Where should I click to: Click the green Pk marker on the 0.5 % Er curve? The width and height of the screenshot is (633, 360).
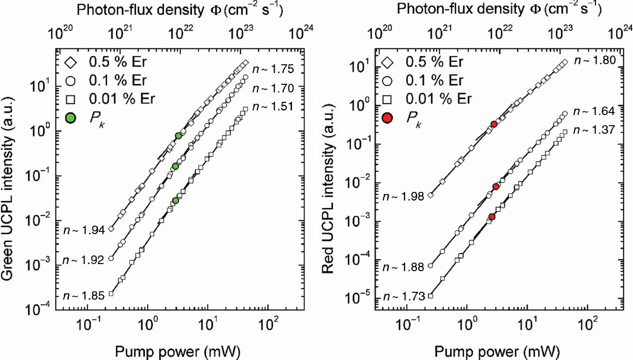coord(179,136)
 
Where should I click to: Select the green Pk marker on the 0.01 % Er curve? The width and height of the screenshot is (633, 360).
coord(176,201)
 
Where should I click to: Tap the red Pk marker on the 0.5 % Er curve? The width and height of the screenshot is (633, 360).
coord(494,124)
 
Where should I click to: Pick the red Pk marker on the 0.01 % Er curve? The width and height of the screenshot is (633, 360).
coord(492,217)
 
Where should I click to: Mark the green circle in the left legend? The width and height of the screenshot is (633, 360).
coord(70,117)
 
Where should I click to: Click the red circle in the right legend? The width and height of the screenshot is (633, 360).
coord(388,117)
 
